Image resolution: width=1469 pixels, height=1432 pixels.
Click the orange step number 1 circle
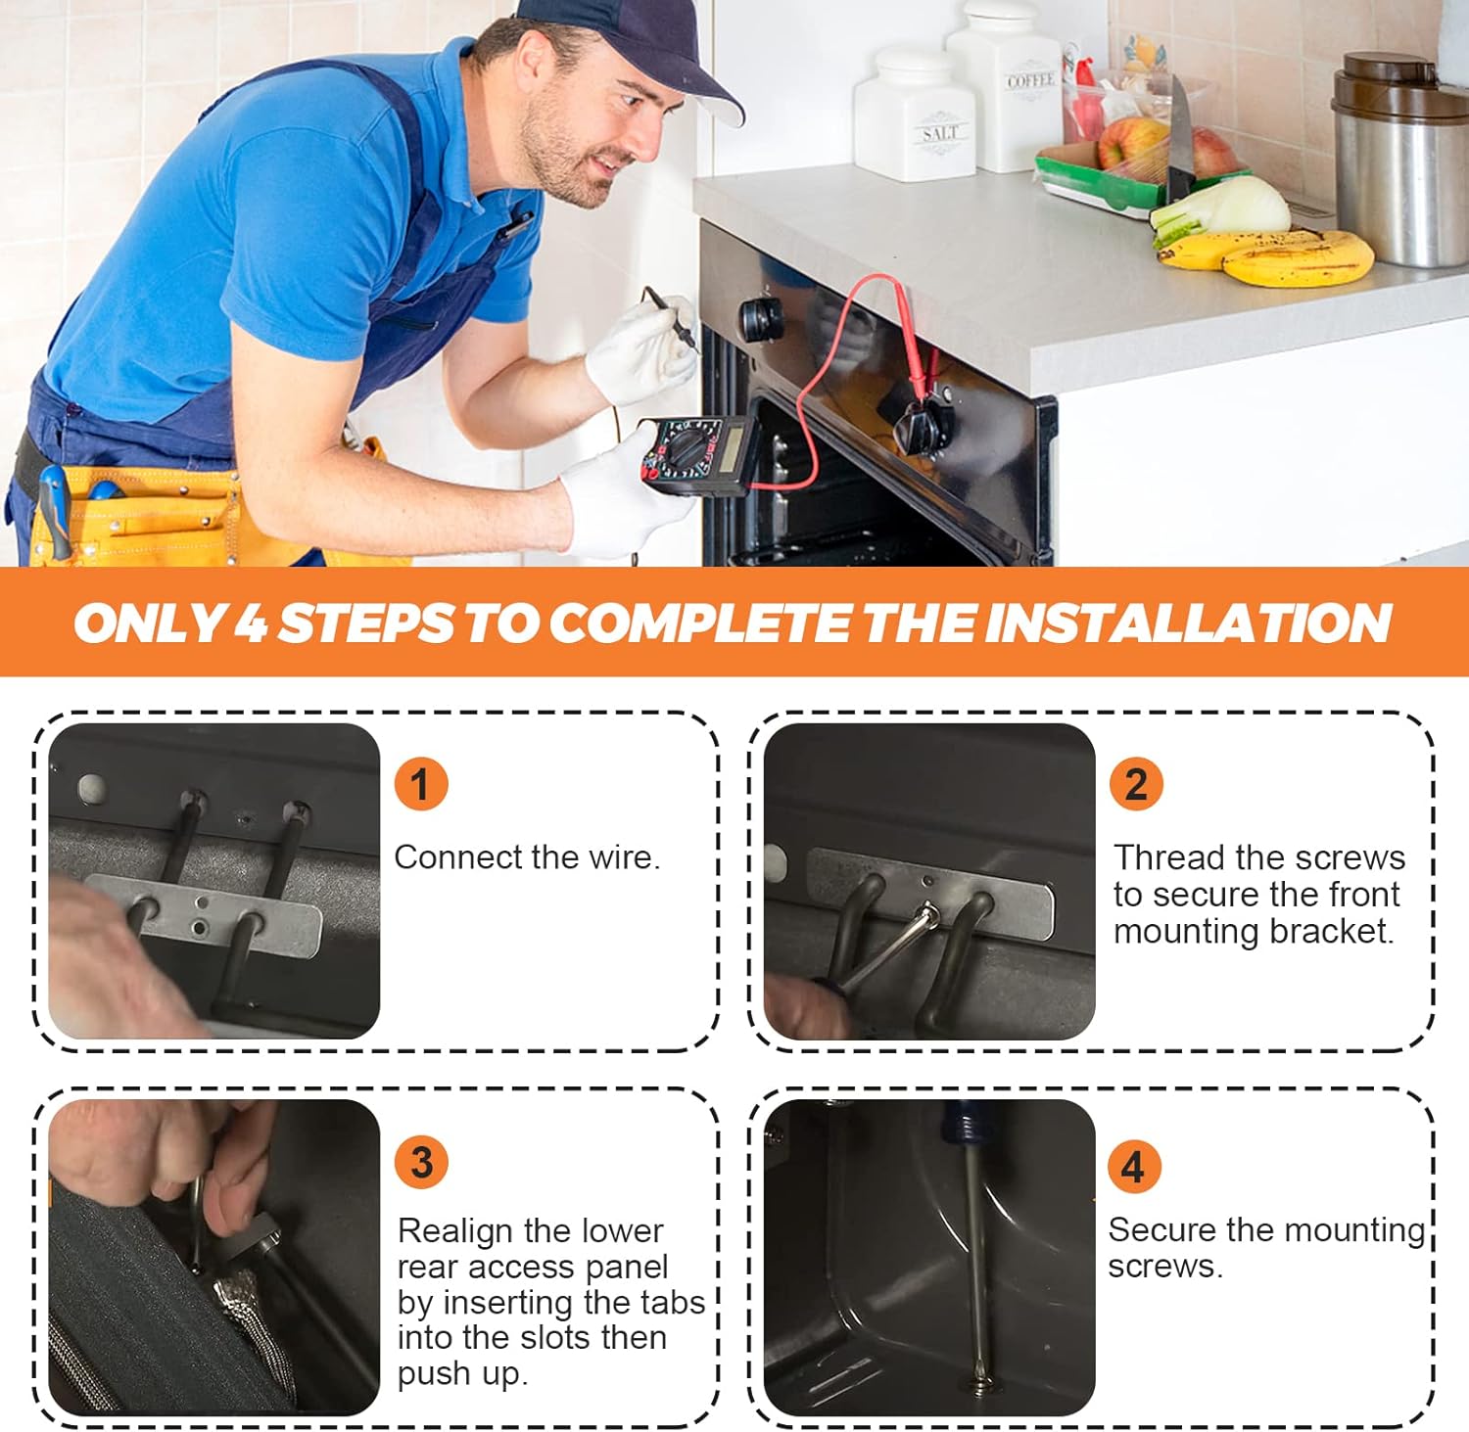[421, 784]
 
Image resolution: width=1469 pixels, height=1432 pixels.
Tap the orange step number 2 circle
[1136, 784]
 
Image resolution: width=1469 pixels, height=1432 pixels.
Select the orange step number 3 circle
[421, 1163]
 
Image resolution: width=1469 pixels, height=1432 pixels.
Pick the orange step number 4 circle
[1134, 1167]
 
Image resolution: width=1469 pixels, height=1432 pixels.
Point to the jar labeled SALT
[916, 115]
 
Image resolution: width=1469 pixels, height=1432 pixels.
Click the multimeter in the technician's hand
[697, 451]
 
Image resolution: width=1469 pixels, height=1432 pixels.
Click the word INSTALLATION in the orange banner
[1188, 623]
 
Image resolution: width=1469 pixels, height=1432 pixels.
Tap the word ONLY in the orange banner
[149, 623]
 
